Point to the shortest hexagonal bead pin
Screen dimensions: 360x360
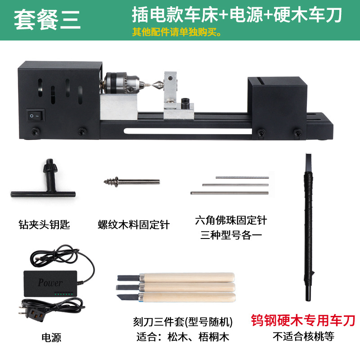[242, 177]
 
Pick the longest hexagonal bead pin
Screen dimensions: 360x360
[229, 193]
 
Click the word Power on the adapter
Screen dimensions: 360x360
[50, 283]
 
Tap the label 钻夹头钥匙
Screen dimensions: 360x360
[45, 224]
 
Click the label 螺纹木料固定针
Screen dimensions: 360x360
[134, 224]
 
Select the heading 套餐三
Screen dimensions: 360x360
[47, 20]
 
